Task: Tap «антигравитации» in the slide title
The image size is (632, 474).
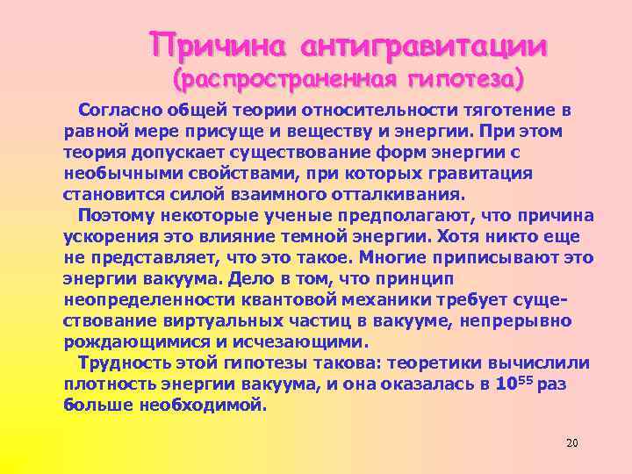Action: [x=425, y=45]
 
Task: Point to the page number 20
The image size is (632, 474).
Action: [x=571, y=442]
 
